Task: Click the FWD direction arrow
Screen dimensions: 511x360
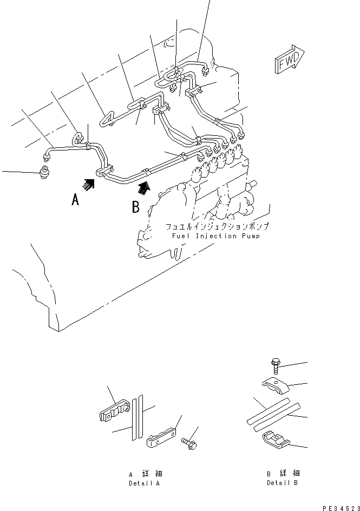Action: tap(289, 60)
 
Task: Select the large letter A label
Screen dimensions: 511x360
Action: tap(75, 200)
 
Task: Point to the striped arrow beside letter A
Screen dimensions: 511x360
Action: tap(89, 185)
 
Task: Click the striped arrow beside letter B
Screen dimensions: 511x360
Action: tap(143, 188)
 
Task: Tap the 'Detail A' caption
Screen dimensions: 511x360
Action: tap(144, 482)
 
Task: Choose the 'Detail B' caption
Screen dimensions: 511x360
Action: tap(282, 482)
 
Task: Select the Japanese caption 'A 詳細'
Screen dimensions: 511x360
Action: tap(144, 474)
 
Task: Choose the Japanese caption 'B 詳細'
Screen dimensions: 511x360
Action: tap(282, 474)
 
